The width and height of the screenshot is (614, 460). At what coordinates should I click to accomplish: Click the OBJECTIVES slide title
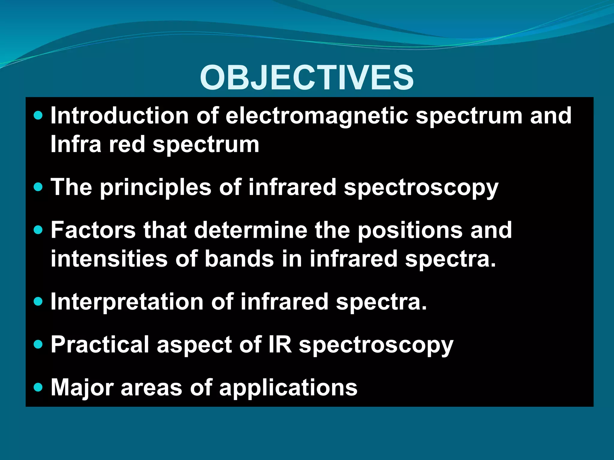(x=307, y=78)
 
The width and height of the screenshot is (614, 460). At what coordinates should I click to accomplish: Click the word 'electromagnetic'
(x=317, y=116)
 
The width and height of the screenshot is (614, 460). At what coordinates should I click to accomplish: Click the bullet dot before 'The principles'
(x=38, y=187)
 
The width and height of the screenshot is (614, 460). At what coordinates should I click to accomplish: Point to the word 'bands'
(x=239, y=259)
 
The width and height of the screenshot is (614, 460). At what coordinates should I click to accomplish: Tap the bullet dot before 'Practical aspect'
(x=38, y=344)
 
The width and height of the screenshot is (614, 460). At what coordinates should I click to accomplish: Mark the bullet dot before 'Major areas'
(x=38, y=388)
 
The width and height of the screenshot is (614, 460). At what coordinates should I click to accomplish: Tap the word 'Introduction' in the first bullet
(x=119, y=116)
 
